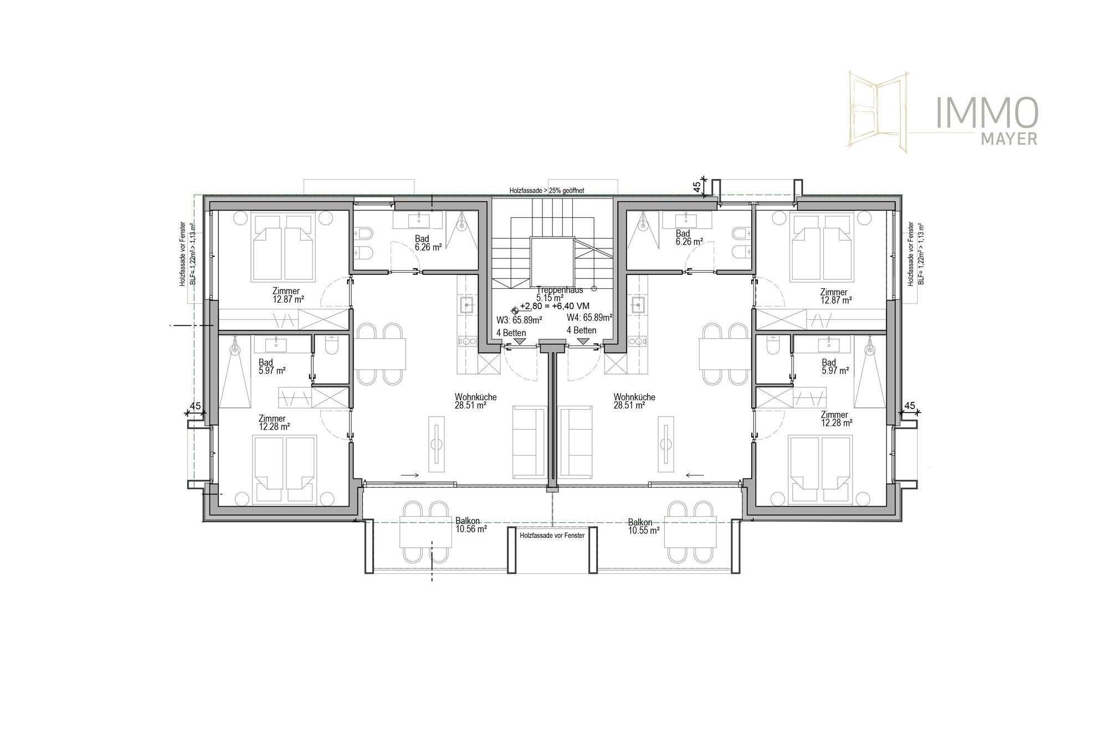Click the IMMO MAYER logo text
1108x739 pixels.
point(986,121)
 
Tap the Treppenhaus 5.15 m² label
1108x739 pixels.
point(560,294)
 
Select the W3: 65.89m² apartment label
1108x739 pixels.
point(519,319)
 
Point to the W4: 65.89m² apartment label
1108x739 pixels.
point(589,318)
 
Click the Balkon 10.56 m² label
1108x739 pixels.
point(471,526)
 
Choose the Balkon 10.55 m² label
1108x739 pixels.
point(643,526)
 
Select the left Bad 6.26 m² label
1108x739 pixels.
point(428,243)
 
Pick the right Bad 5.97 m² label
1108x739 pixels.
point(835,367)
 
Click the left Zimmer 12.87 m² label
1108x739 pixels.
point(288,295)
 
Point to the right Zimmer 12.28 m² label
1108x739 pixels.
point(836,419)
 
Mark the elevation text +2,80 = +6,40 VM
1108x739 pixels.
point(554,306)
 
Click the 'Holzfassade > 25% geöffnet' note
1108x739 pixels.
point(547,190)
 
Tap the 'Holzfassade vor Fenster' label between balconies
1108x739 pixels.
point(552,536)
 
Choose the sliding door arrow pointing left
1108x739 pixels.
point(695,475)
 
